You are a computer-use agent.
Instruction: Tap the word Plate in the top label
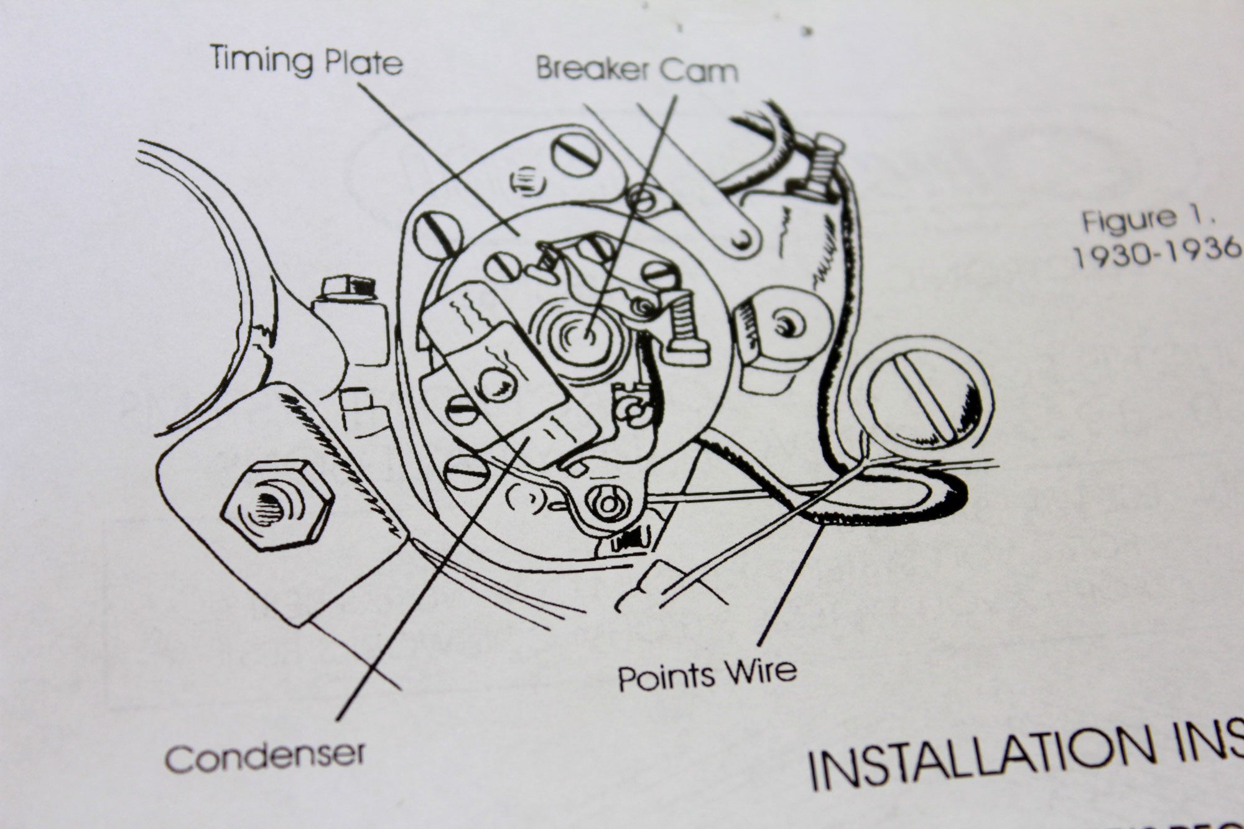[x=363, y=63]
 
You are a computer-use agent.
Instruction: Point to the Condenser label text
[x=265, y=756]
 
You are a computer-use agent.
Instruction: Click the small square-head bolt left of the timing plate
[x=345, y=287]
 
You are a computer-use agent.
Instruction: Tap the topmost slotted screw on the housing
[x=575, y=154]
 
